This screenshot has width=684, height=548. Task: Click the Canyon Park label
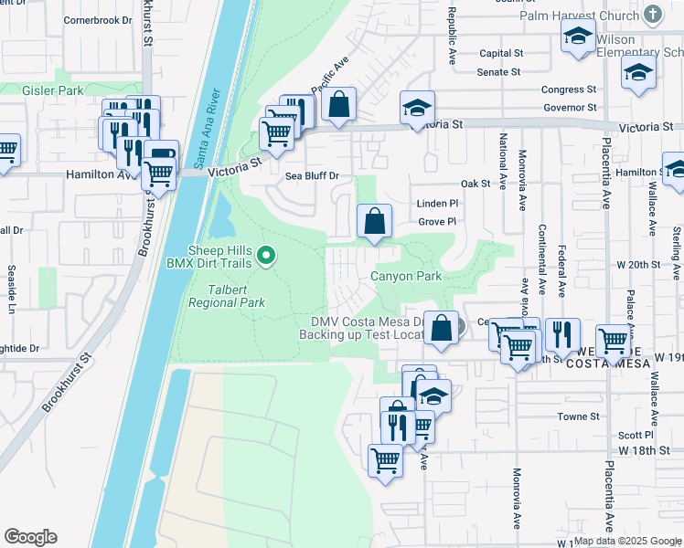405,276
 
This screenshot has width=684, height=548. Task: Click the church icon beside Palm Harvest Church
652,14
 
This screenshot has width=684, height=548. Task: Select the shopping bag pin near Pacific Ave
339,106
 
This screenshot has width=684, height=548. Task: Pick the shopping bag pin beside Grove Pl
374,222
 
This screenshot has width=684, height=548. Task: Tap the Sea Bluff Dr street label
312,175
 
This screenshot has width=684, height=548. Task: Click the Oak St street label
476,184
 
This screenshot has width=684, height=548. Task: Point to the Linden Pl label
436,204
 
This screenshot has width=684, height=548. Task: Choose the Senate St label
499,71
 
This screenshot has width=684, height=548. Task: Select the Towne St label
578,416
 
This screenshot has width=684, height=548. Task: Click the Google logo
30,536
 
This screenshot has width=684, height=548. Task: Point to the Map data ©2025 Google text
626,541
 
